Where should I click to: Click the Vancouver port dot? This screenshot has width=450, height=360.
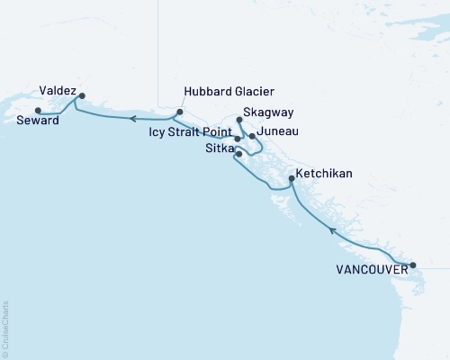tap(413, 265)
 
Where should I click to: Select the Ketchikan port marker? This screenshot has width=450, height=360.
tap(291, 179)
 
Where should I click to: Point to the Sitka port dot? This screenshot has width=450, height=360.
tap(238, 154)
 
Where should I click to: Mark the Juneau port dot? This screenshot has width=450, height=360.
tap(252, 136)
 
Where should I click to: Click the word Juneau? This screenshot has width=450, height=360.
tap(278, 132)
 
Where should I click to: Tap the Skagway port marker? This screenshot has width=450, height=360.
tap(238, 120)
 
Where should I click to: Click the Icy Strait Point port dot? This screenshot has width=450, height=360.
tap(238, 139)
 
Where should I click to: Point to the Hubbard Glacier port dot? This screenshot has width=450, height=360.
tap(180, 112)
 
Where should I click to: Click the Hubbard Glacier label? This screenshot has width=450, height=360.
tap(228, 92)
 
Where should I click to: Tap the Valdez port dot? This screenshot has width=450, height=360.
tap(82, 95)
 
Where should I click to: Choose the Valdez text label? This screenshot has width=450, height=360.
tap(57, 90)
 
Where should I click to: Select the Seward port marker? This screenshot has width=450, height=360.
tap(37, 111)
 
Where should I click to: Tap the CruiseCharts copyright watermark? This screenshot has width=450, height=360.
tap(5, 328)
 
